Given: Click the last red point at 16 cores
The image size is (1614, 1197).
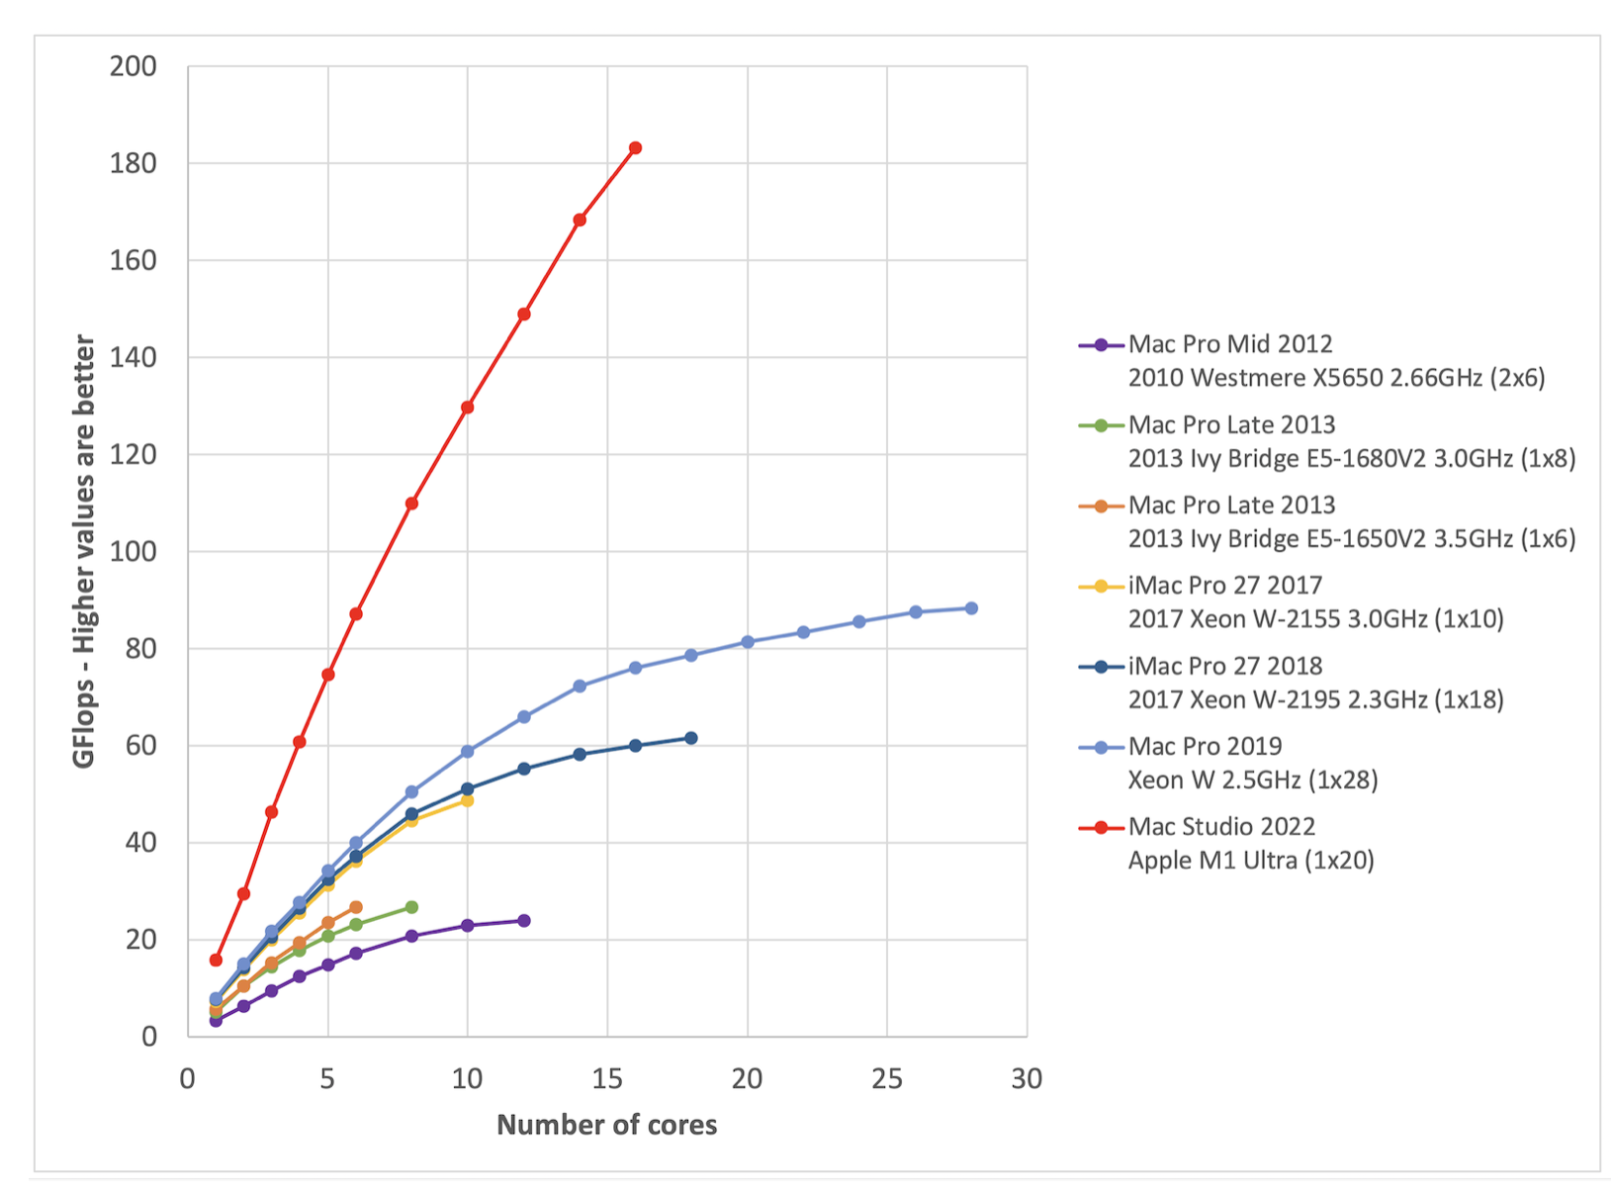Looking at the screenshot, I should (x=635, y=148).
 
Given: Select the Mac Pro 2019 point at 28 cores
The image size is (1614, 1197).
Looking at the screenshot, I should (x=971, y=608).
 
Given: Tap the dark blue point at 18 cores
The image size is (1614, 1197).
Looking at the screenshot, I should (x=691, y=738).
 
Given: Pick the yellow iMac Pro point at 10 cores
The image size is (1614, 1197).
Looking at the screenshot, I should (x=468, y=800).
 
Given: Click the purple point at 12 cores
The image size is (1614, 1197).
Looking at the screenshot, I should (x=524, y=921).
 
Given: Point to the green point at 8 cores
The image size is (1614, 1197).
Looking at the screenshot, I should (x=411, y=907).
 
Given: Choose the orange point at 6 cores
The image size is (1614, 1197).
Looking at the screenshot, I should (x=356, y=907).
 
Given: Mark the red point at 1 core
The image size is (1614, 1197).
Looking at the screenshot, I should (x=216, y=960).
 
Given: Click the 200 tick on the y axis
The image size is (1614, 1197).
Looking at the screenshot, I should (x=134, y=66).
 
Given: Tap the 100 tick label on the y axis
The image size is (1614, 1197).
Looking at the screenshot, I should (x=134, y=551).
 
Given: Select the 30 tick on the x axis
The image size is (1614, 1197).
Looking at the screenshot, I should (x=1027, y=1078).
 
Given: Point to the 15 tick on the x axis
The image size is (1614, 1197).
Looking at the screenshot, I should (x=606, y=1078).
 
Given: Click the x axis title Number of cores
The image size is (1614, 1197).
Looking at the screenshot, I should (x=606, y=1125).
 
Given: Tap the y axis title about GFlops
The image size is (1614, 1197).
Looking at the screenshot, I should (x=84, y=551).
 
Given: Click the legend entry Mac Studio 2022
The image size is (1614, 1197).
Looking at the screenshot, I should (x=1221, y=827).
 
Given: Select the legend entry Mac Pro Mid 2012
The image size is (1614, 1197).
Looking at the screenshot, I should (x=1230, y=344).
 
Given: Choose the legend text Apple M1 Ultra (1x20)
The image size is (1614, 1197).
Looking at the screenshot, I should (x=1251, y=861).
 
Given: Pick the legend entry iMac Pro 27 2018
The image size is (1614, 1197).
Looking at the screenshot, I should (x=1225, y=667).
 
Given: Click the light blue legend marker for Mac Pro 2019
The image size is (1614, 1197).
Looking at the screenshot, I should (x=1101, y=748).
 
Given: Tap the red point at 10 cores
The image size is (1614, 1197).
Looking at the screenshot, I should (x=468, y=408).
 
